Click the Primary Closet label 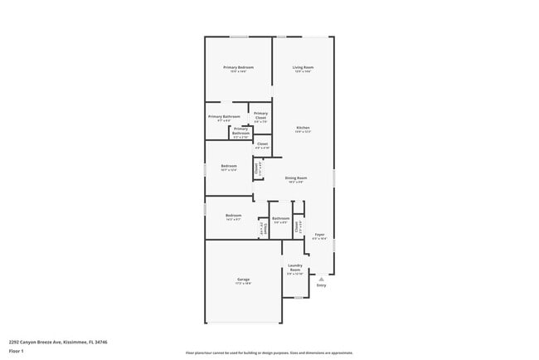[260, 115]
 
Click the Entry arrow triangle [320, 279]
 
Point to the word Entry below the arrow [321, 286]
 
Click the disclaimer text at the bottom [269, 353]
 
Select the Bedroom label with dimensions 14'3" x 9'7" [233, 216]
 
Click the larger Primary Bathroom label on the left [224, 117]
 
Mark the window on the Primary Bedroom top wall [239, 36]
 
